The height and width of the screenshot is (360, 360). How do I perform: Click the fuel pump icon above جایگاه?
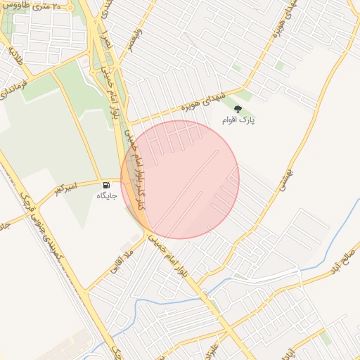pos(106,185)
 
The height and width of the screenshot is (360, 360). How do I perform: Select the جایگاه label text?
pos(106,196)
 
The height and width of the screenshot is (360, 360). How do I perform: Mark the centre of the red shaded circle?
pos(180,179)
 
